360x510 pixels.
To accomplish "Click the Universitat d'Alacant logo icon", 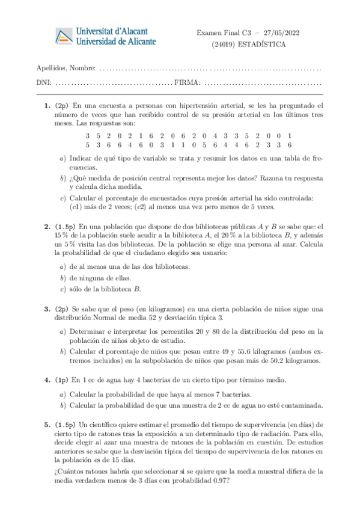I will point(63,36).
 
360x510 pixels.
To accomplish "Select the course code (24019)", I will point(223,44).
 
